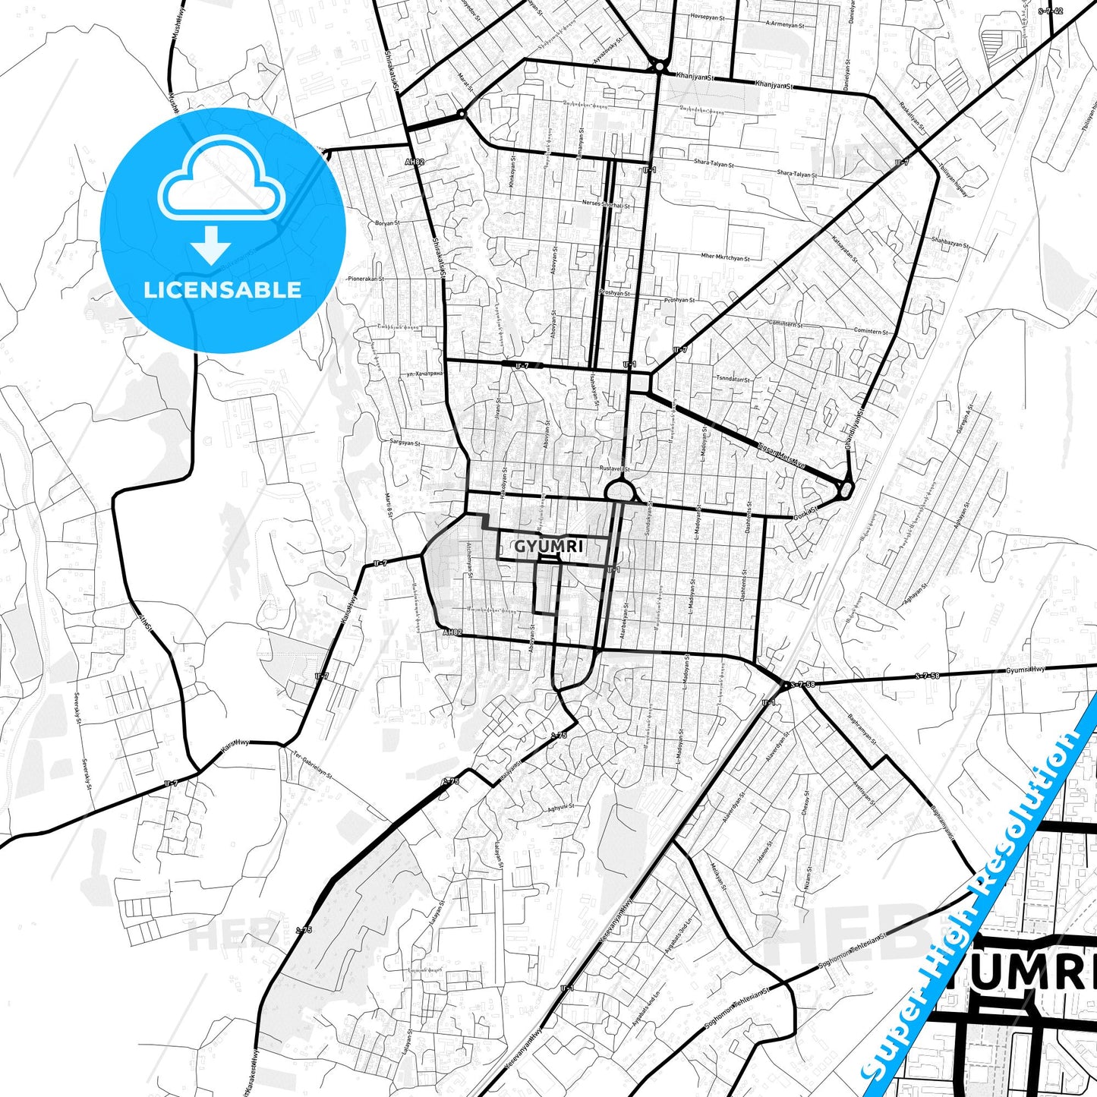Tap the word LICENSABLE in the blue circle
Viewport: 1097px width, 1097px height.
222,289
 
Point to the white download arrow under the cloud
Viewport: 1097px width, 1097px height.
212,244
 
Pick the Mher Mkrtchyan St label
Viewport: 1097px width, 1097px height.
725,257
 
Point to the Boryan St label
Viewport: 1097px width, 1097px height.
387,223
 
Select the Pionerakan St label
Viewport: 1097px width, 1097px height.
366,279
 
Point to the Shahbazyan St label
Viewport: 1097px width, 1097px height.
950,242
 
